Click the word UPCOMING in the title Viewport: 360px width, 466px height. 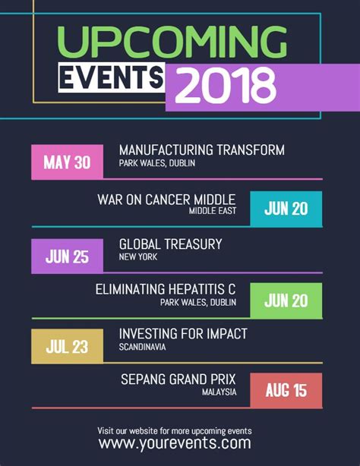[172, 43]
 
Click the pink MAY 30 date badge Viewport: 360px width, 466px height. [67, 162]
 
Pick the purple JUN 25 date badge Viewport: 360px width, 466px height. [67, 256]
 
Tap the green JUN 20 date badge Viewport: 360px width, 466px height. [286, 301]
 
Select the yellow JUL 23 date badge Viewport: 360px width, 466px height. [67, 347]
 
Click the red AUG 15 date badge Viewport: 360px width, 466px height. [286, 391]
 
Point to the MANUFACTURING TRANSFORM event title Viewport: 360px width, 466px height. [201, 150]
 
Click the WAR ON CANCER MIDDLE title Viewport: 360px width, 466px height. [166, 200]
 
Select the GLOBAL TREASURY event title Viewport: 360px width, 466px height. [170, 244]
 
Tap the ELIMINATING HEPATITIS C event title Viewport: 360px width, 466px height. [166, 289]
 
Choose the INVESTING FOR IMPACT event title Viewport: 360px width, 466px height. [183, 334]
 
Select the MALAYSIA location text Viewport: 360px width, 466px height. [219, 392]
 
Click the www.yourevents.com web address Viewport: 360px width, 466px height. [175, 443]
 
